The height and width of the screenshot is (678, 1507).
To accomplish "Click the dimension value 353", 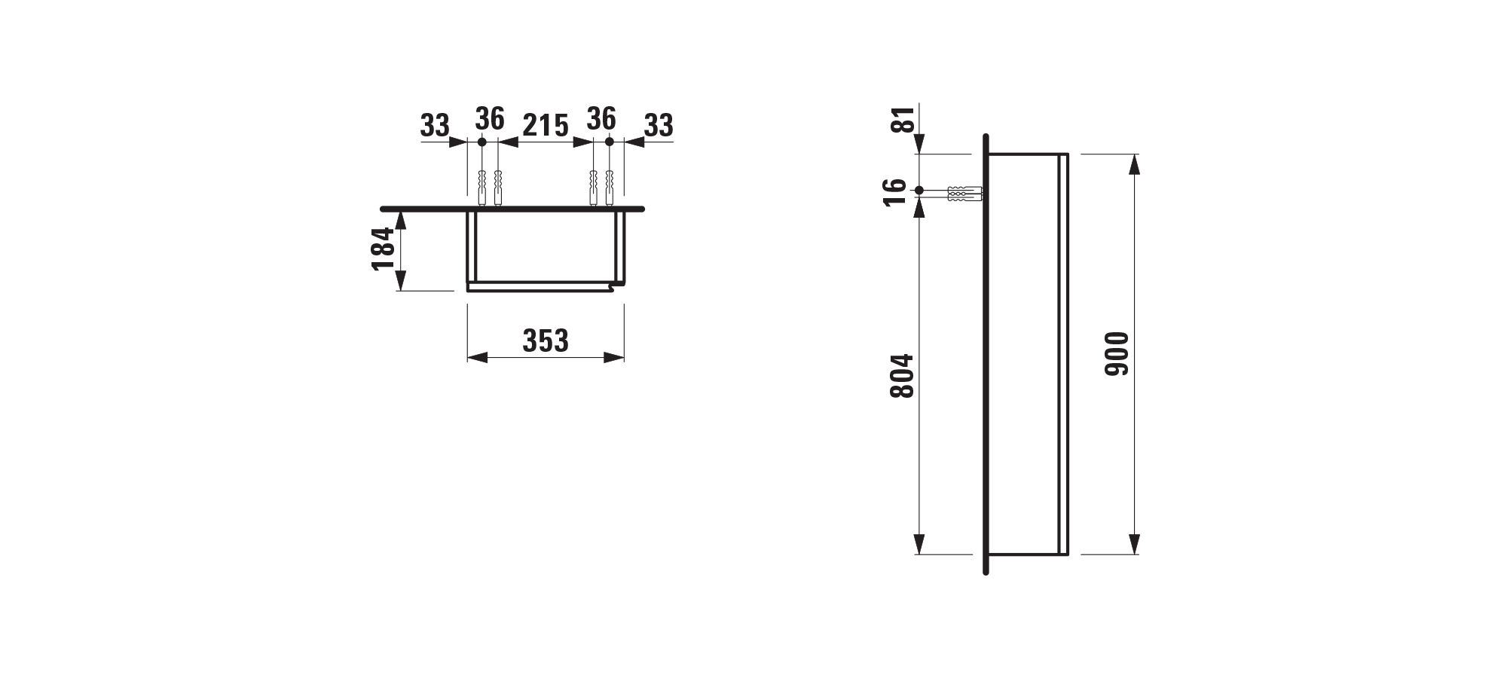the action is coord(546,341).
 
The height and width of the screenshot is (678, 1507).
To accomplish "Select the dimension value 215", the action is coord(546,126).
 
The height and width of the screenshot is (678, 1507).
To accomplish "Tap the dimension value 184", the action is coord(384,248).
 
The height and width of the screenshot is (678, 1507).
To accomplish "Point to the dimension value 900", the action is coord(1117,354).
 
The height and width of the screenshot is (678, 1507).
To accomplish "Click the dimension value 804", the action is coord(902,376).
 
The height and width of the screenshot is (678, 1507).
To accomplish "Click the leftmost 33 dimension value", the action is coord(435,126).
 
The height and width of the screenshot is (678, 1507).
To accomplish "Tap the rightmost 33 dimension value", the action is coord(659,126).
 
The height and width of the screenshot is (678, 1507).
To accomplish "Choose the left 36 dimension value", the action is coord(490,118).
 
